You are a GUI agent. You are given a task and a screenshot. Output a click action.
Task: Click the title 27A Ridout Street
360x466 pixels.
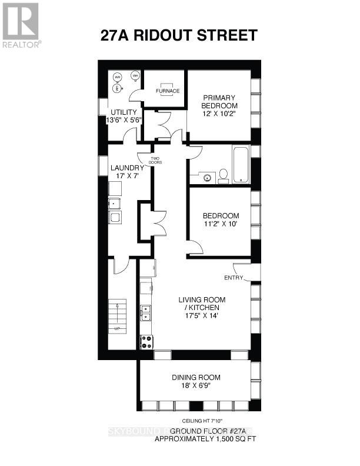click(179, 36)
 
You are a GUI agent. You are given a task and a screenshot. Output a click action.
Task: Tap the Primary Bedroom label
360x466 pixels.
click(219, 101)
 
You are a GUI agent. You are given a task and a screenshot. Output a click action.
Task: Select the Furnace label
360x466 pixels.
click(167, 91)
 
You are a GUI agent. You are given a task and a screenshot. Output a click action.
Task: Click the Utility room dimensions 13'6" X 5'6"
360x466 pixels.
click(120, 120)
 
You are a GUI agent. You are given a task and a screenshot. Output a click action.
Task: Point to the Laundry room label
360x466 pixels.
click(127, 168)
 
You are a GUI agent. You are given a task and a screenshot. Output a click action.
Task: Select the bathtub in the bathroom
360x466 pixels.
click(241, 164)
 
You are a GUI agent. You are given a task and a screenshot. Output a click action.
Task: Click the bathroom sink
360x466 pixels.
click(206, 175)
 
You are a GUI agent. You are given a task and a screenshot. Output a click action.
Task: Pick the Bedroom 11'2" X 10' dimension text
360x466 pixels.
click(220, 224)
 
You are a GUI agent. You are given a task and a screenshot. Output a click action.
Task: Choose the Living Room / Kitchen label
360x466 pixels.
click(202, 303)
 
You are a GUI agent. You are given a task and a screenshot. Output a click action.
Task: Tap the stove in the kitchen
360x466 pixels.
click(146, 341)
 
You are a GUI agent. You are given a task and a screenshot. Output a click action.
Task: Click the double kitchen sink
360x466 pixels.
click(145, 313)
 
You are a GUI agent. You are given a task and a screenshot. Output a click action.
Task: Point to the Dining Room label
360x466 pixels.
click(196, 377)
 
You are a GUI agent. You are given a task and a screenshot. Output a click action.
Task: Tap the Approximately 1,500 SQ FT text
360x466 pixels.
click(205, 439)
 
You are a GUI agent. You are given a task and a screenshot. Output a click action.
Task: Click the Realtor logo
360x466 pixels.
click(21, 25)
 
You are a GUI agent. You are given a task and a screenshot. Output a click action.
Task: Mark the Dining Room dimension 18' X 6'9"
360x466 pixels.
click(196, 386)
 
